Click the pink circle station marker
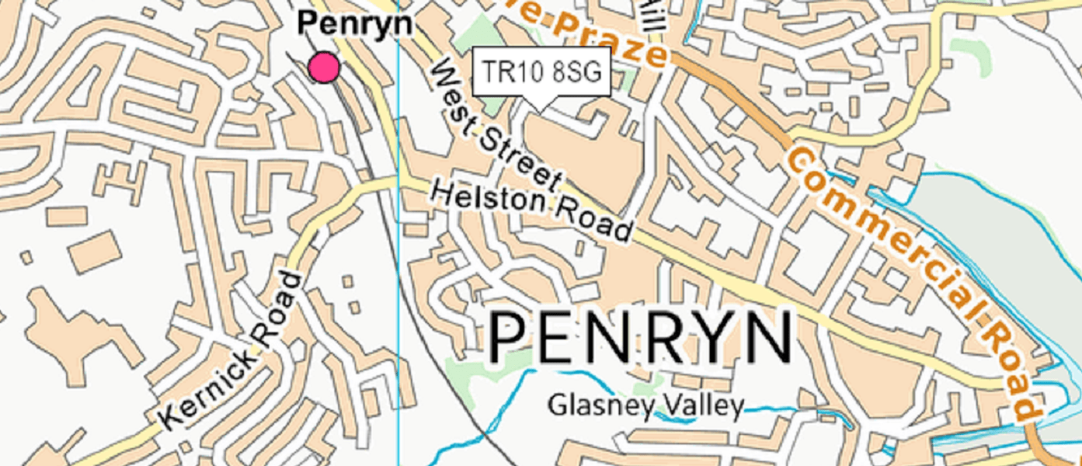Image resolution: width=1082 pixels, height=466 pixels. point(324,68)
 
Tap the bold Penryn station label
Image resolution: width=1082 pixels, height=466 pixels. point(355,24)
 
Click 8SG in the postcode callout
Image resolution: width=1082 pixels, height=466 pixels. point(576,71)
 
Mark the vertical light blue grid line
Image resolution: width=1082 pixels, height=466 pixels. point(398,311)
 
